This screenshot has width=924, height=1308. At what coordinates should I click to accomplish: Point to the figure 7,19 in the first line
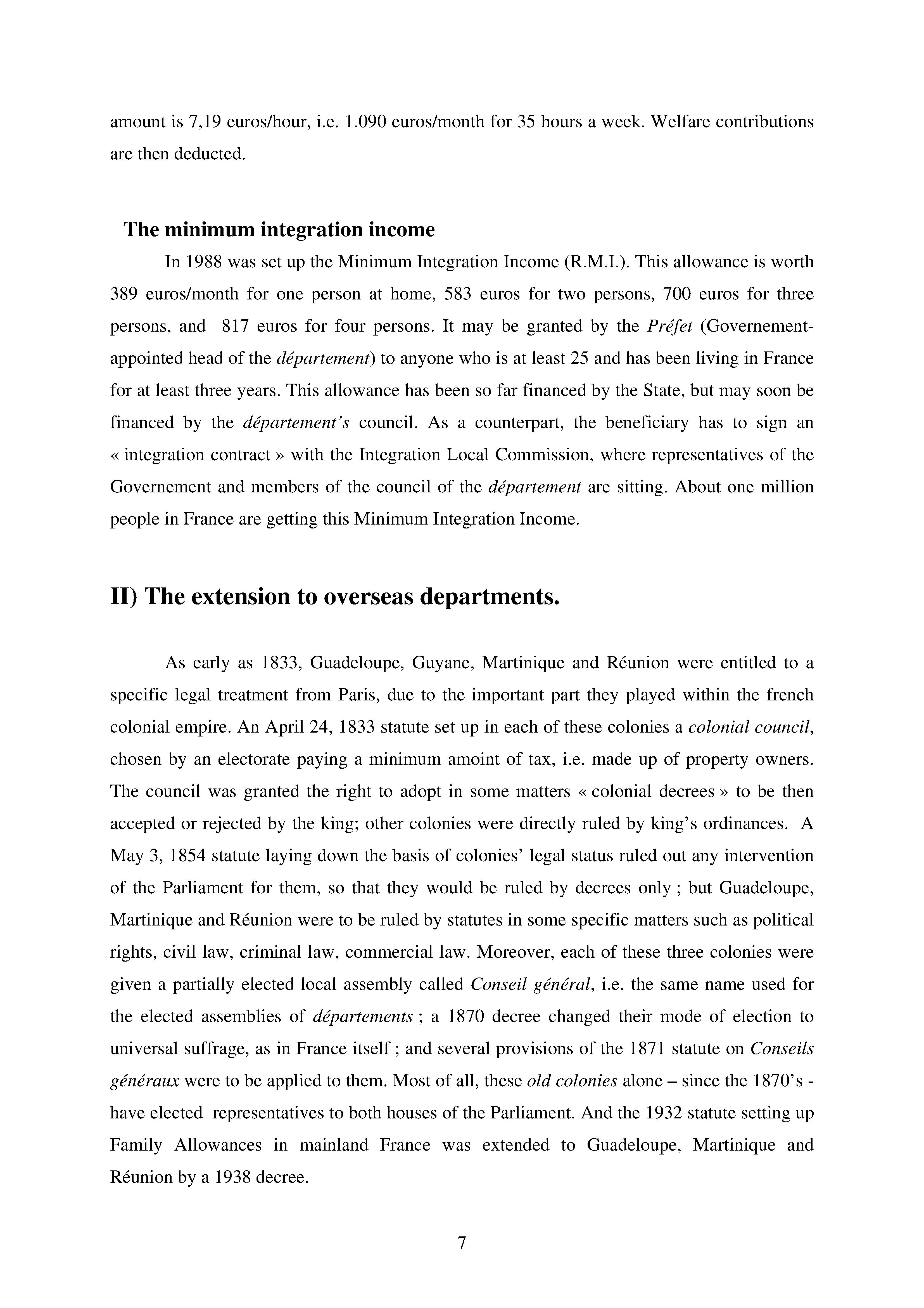click(204, 122)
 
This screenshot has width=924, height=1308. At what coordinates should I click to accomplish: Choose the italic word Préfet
click(669, 326)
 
